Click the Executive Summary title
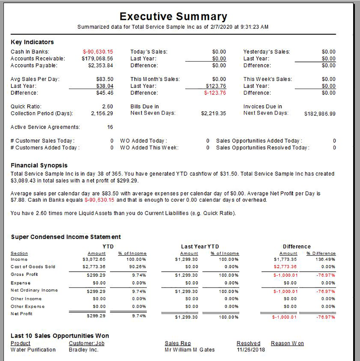[x=173, y=17]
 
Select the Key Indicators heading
[x=32, y=42]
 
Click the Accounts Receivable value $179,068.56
[x=97, y=58]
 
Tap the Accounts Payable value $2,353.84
[x=100, y=65]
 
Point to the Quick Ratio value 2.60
[x=107, y=106]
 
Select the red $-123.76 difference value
[x=215, y=93]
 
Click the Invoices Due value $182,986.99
[x=320, y=113]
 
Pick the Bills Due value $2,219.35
[x=213, y=113]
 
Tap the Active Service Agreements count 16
[x=110, y=127]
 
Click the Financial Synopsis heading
[x=39, y=165]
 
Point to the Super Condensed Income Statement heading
[x=66, y=237]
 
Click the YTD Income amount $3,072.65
[x=94, y=259]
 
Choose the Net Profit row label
[x=22, y=314]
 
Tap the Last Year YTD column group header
[x=200, y=246]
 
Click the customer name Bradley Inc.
[x=84, y=349]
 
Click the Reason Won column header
[x=287, y=343]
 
